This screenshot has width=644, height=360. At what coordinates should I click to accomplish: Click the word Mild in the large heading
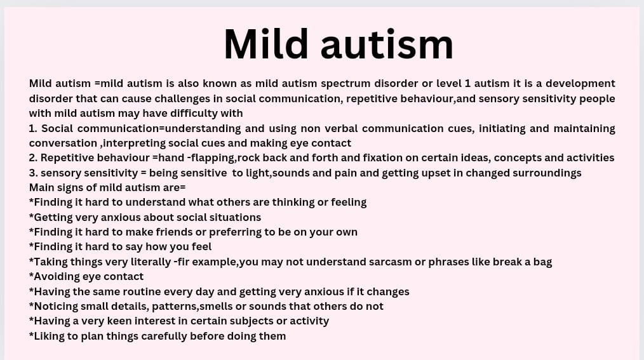click(265, 44)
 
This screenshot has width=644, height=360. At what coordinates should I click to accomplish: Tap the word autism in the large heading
click(387, 44)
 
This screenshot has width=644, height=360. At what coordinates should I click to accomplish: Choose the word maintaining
click(584, 129)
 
